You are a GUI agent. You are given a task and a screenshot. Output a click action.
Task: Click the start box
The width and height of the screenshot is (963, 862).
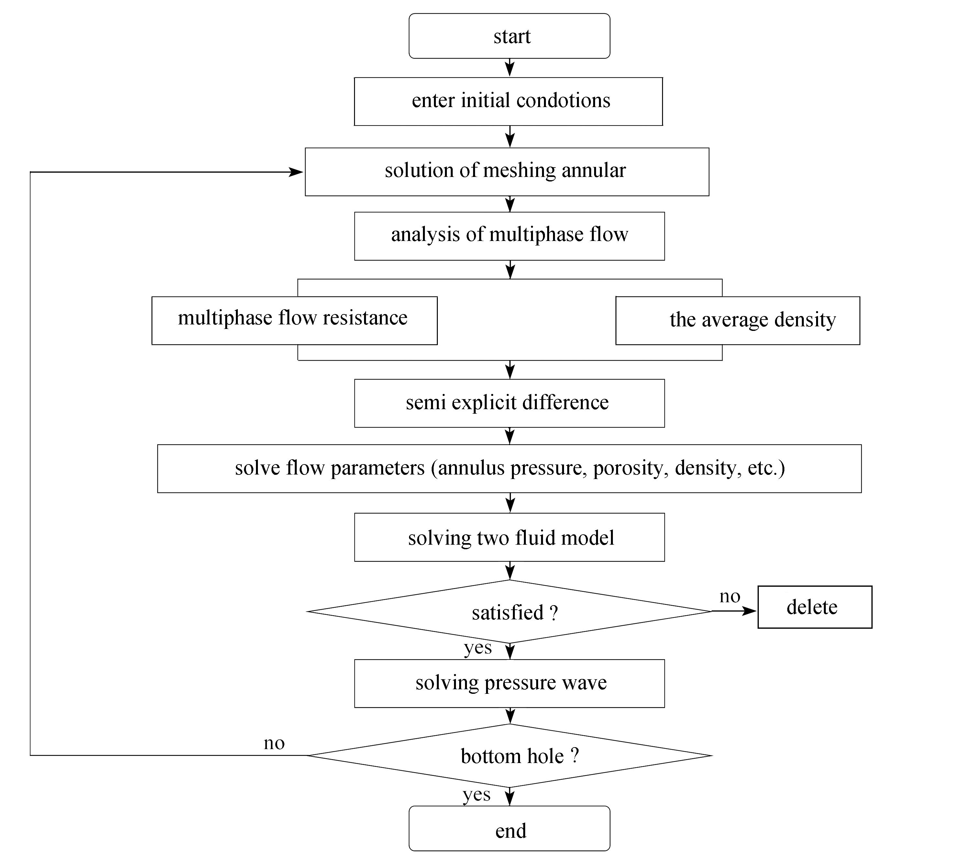click(x=509, y=36)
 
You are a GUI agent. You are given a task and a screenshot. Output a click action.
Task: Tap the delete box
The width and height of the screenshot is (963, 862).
click(x=815, y=607)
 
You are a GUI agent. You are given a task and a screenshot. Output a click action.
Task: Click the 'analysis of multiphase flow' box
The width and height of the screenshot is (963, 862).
click(x=509, y=236)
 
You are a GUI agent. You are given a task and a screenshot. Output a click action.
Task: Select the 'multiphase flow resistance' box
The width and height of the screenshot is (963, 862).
click(x=294, y=321)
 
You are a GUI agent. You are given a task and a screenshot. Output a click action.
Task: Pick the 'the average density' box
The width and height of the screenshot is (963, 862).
click(x=737, y=321)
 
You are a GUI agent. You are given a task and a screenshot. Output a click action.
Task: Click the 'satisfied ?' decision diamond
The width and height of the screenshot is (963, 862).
click(x=509, y=611)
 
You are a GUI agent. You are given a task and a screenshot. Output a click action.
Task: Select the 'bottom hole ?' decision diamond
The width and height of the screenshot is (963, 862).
click(x=509, y=756)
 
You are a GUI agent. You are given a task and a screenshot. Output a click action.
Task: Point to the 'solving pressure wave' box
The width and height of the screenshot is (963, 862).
click(x=509, y=683)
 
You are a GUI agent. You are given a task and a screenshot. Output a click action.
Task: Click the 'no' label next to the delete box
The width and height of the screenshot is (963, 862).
click(x=730, y=597)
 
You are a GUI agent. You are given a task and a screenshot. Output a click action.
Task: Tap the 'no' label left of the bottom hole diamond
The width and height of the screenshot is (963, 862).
click(x=274, y=744)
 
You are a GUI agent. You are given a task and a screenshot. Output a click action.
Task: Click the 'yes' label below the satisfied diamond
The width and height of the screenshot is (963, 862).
click(x=478, y=648)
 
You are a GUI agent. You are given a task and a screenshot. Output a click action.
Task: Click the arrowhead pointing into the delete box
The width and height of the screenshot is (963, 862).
click(x=749, y=611)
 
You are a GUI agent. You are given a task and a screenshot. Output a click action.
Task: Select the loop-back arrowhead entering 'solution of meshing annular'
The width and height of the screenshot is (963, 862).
click(x=296, y=172)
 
